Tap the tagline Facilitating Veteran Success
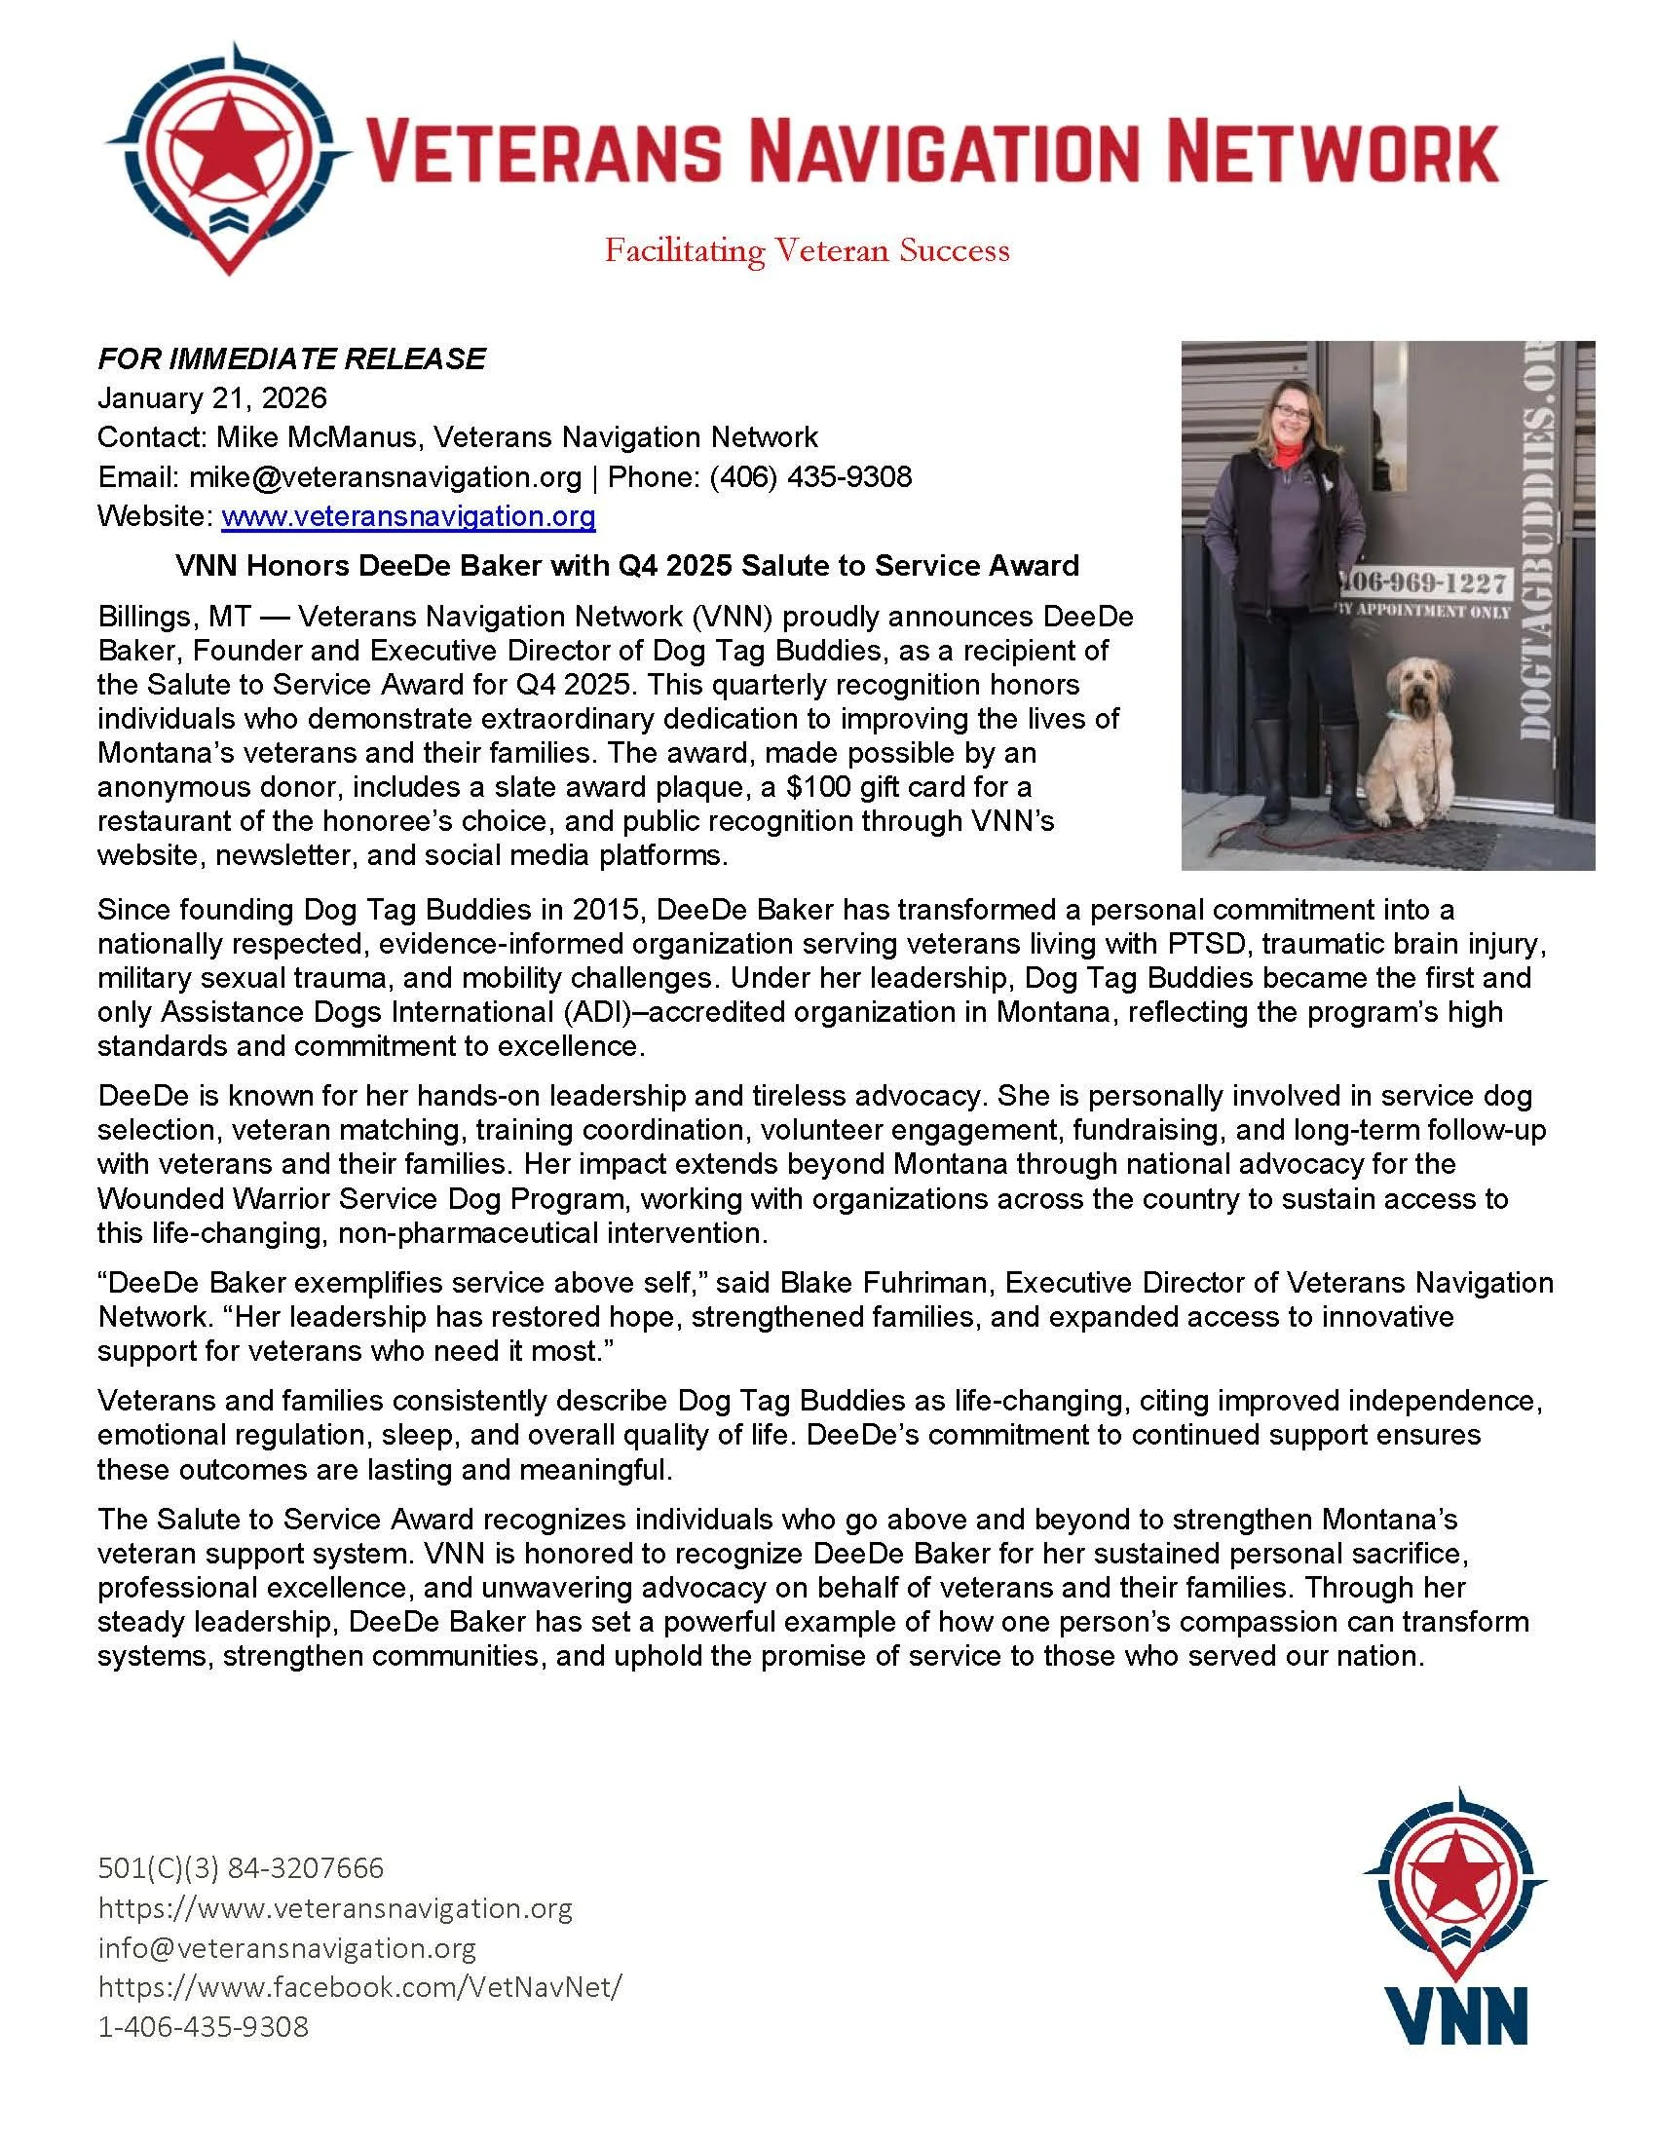point(807,251)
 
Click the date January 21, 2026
point(212,397)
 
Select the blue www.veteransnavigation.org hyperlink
point(408,516)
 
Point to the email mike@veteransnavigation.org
point(386,477)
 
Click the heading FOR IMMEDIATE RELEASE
point(291,358)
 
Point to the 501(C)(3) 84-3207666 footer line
point(242,1867)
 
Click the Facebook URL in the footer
point(360,1987)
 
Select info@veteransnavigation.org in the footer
point(287,1948)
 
